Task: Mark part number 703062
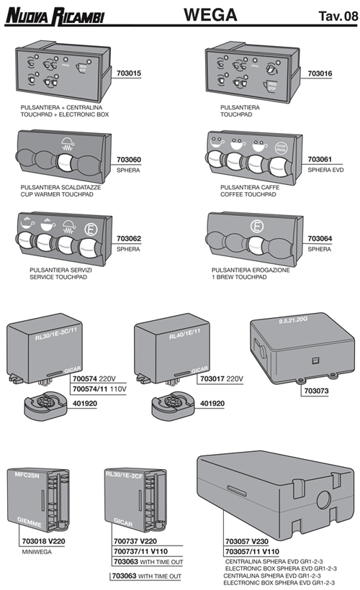pyautogui.click(x=129, y=237)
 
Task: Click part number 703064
pyautogui.click(x=320, y=237)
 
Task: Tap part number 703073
pyautogui.click(x=315, y=394)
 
